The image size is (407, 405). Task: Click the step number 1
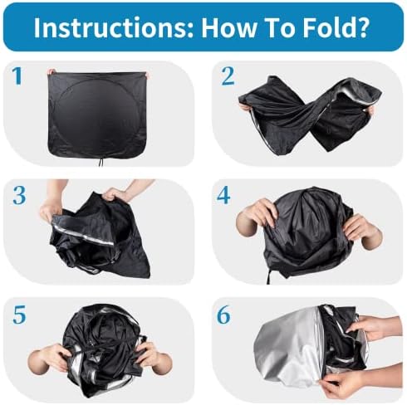pos(17,76)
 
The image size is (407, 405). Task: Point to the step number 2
pos(228,76)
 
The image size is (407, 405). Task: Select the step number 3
pos(20,196)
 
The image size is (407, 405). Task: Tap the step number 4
pos(223,196)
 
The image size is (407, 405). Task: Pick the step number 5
pos(19,315)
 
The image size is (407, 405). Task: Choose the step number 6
pos(223,315)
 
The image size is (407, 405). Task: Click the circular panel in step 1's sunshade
pos(97,115)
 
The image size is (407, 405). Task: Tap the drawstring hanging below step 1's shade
pos(101,160)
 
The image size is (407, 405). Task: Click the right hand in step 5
pos(155,357)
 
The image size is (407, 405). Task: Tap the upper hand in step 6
pos(376,326)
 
